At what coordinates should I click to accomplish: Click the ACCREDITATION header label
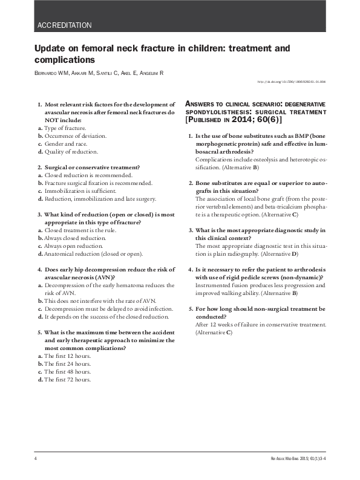point(64,25)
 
